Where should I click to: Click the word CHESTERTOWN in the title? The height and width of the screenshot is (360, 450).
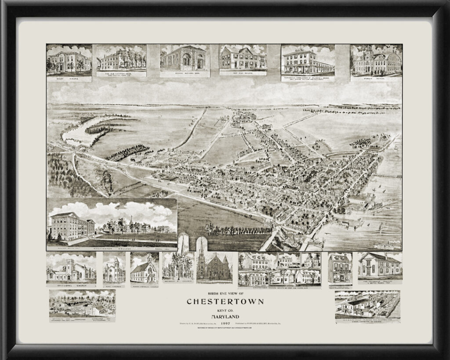[225, 302]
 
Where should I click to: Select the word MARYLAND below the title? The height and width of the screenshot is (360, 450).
[225, 316]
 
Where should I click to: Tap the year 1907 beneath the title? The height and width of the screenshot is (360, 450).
[225, 324]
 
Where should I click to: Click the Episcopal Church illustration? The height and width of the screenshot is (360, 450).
[71, 269]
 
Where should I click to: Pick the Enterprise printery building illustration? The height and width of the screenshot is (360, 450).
[379, 265]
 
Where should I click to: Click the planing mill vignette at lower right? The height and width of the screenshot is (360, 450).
[367, 304]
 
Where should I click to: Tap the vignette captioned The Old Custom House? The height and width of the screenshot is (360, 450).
[121, 58]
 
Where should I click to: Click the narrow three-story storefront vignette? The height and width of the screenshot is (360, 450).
[339, 267]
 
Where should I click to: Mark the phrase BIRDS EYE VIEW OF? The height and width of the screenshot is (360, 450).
[225, 294]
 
